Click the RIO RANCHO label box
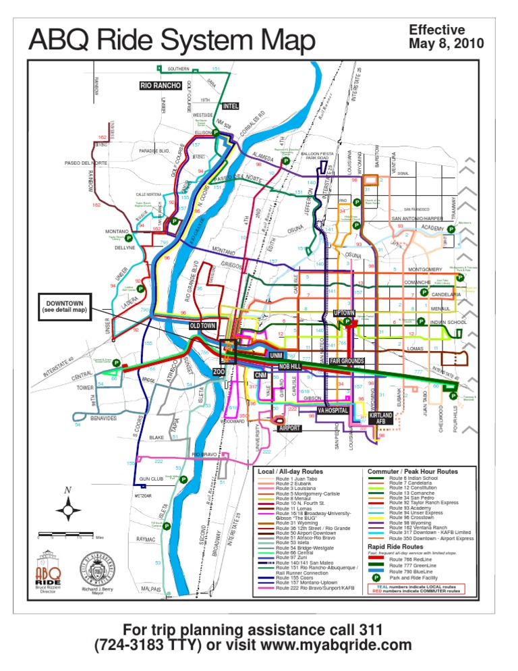click(161, 86)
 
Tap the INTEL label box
click(230, 106)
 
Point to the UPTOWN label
click(344, 313)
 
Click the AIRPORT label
click(289, 427)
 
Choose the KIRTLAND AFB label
click(380, 417)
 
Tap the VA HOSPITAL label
click(332, 410)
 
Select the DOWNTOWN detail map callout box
click(65, 306)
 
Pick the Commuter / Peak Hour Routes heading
click(412, 471)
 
